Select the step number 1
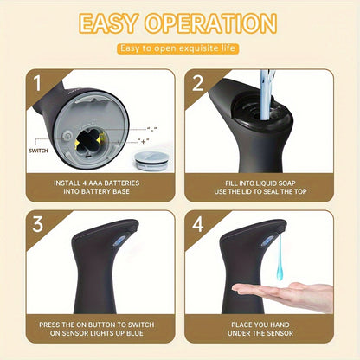tap(38, 85)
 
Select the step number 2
tap(197, 85)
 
